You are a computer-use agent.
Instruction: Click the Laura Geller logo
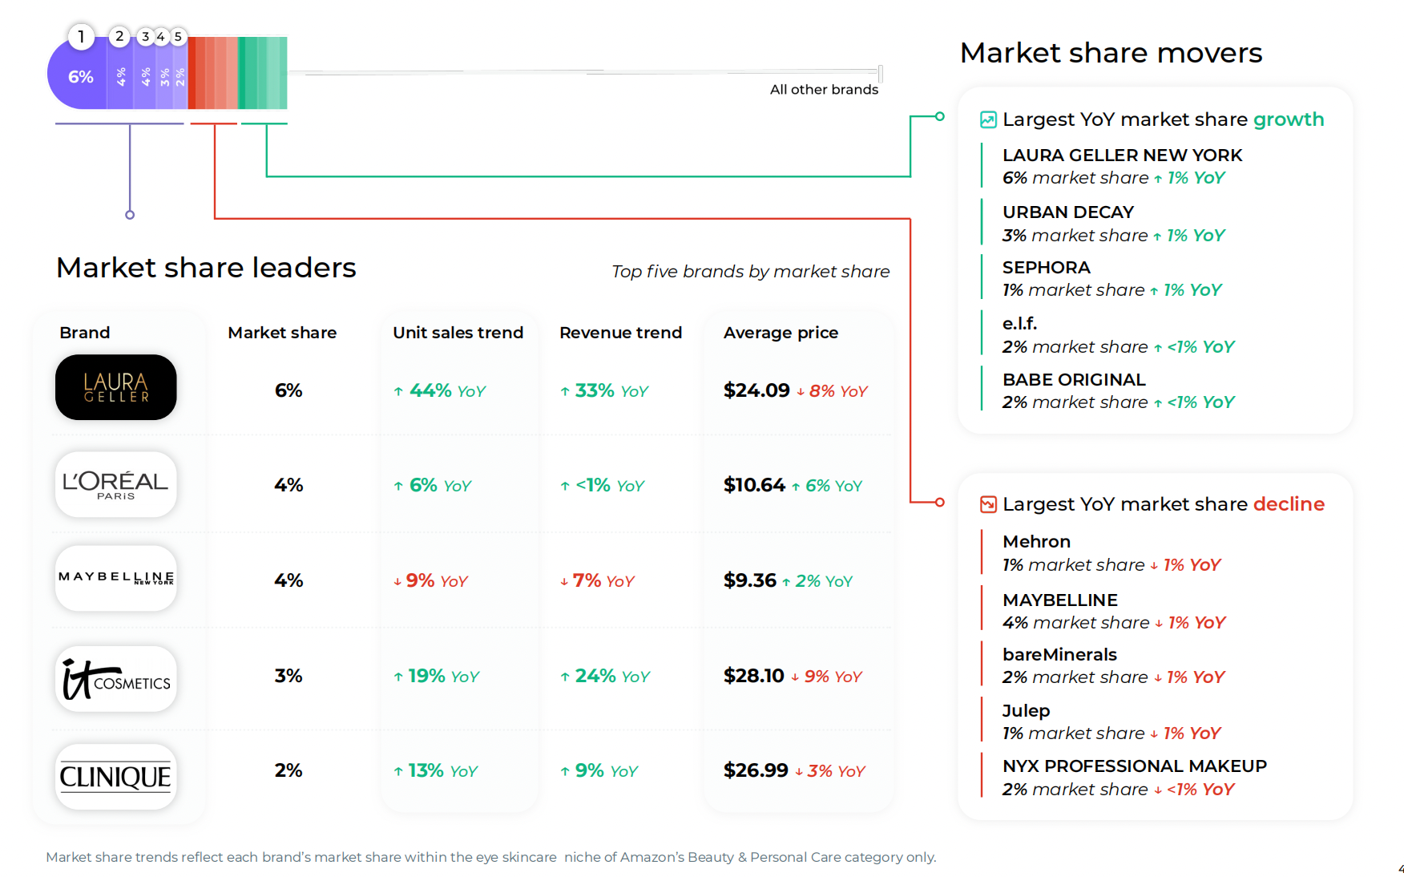[x=116, y=387]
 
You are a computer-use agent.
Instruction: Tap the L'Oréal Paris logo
[x=116, y=484]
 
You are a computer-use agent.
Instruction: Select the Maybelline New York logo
[x=116, y=578]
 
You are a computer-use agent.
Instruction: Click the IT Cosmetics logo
[x=116, y=678]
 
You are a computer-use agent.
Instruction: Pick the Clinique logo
[x=116, y=776]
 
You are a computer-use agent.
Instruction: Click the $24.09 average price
[x=756, y=390]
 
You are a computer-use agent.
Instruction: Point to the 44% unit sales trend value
[x=430, y=390]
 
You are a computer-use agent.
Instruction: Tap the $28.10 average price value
[x=753, y=676]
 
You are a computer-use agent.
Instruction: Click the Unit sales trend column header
[x=458, y=333]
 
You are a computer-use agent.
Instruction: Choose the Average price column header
[x=781, y=333]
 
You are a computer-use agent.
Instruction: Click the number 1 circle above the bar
[x=81, y=37]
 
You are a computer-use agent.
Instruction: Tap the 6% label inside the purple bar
[x=81, y=77]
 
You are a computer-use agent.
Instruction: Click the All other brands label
[x=824, y=90]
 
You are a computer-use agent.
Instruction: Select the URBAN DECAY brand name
[x=1068, y=212]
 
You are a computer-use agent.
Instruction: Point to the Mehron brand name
[x=1036, y=542]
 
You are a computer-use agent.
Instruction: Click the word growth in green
[x=1289, y=119]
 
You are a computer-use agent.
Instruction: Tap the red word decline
[x=1289, y=504]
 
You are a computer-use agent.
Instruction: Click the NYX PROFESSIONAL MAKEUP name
[x=1135, y=766]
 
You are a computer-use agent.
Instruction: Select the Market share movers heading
[x=1111, y=53]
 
